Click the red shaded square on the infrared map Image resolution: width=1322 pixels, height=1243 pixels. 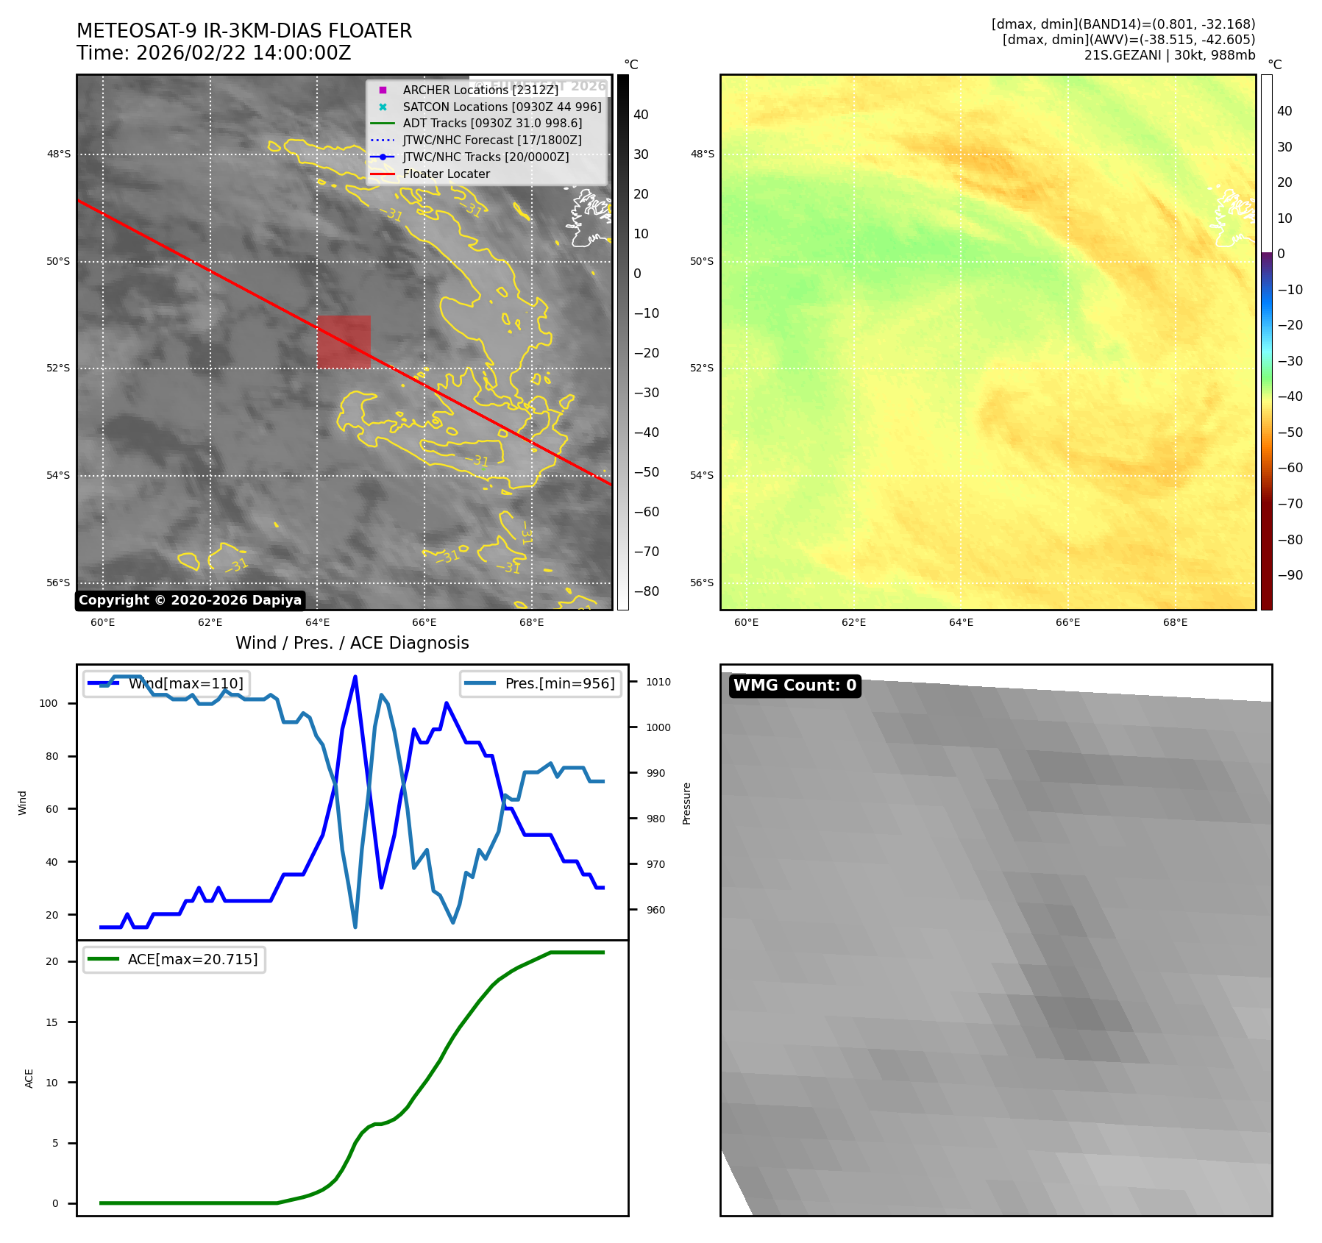pyautogui.click(x=344, y=341)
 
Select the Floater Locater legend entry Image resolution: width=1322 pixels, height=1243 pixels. pyautogui.click(x=446, y=174)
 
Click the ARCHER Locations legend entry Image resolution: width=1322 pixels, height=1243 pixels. pyautogui.click(x=480, y=90)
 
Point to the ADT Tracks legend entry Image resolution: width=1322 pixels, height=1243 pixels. pyautogui.click(x=492, y=124)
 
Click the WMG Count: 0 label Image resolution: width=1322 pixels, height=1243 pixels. pyautogui.click(x=795, y=685)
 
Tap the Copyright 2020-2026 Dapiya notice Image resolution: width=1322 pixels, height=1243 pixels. pyautogui.click(x=190, y=600)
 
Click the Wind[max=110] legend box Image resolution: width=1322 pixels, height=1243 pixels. pyautogui.click(x=166, y=683)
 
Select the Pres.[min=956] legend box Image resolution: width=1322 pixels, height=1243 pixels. pyautogui.click(x=541, y=683)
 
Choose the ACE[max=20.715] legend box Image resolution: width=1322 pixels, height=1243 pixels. pyautogui.click(x=174, y=959)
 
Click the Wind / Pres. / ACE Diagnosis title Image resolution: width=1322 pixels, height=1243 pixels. pyautogui.click(x=352, y=643)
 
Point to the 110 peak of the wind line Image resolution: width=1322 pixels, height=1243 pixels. pyautogui.click(x=355, y=677)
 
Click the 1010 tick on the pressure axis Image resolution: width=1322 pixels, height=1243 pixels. pyautogui.click(x=658, y=682)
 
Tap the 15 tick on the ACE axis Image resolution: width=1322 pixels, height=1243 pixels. pyautogui.click(x=51, y=1022)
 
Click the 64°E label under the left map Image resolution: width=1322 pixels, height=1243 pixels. pyautogui.click(x=317, y=622)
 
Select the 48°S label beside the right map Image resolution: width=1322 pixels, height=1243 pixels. pyautogui.click(x=702, y=154)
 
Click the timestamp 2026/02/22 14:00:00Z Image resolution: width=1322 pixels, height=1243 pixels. pyautogui.click(x=244, y=53)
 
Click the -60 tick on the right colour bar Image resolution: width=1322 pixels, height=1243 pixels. pyautogui.click(x=1290, y=468)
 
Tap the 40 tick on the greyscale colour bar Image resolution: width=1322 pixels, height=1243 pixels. pyautogui.click(x=641, y=115)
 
